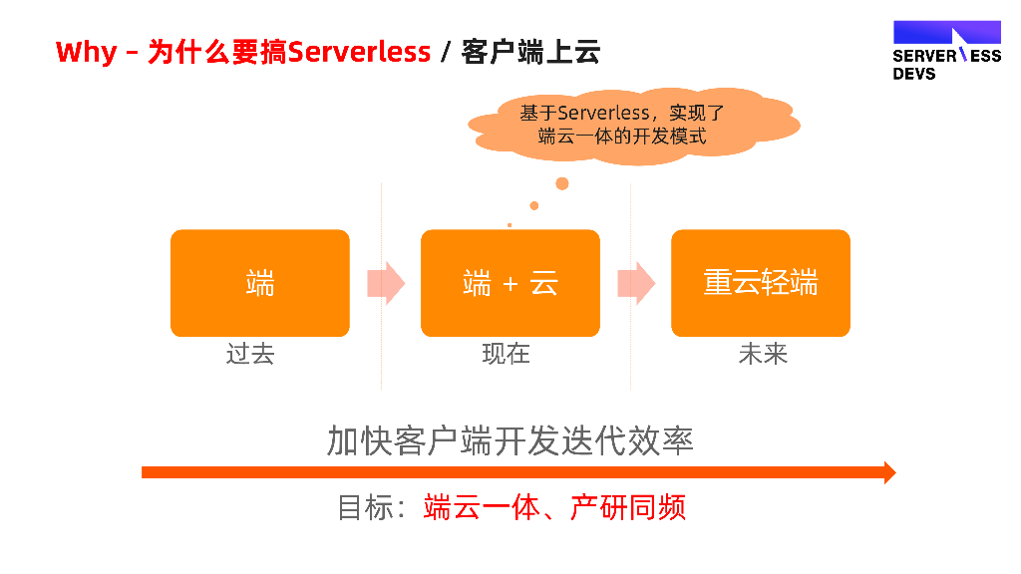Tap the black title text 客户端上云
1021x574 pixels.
tap(530, 52)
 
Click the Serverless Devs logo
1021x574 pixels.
tap(946, 50)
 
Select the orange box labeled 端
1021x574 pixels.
tap(260, 283)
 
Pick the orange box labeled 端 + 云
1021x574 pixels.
tap(510, 283)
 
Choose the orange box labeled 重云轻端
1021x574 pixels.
tap(761, 283)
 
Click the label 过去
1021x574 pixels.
tap(250, 354)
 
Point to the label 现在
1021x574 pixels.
tap(507, 354)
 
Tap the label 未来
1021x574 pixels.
tap(763, 354)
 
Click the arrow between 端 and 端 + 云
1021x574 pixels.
tap(386, 283)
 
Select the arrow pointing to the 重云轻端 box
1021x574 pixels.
tap(636, 283)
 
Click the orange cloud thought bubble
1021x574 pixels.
tap(634, 126)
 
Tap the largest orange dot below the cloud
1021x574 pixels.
tap(562, 183)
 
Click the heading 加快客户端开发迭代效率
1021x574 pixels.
tap(510, 439)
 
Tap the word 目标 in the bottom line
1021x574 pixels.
tap(363, 507)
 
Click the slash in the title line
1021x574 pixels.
tap(446, 52)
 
